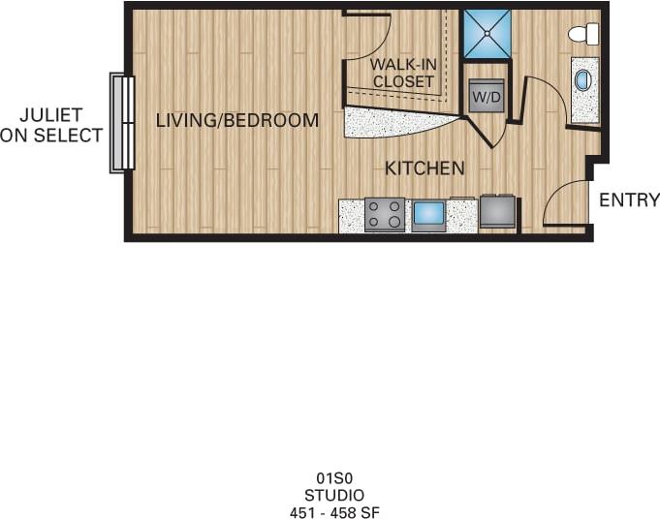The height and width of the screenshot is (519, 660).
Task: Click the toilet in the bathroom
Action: tap(583, 34)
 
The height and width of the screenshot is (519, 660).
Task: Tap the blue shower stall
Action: tap(486, 34)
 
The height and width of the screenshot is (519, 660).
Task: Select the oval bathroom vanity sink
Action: tap(582, 80)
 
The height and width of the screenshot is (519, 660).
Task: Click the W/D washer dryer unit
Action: tap(486, 96)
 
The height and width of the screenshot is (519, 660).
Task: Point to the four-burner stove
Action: tap(384, 214)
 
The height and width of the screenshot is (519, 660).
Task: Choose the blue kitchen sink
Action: tap(429, 213)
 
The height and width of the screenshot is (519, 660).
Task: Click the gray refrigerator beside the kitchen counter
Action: tap(498, 211)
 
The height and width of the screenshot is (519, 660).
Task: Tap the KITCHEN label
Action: tap(424, 168)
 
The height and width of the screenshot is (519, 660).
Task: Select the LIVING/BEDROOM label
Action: tap(237, 121)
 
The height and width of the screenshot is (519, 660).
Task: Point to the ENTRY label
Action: tap(629, 200)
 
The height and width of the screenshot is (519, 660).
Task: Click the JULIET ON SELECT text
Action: tap(51, 126)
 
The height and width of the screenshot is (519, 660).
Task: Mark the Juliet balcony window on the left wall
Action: tap(122, 123)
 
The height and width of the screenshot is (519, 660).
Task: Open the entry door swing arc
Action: tap(564, 205)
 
